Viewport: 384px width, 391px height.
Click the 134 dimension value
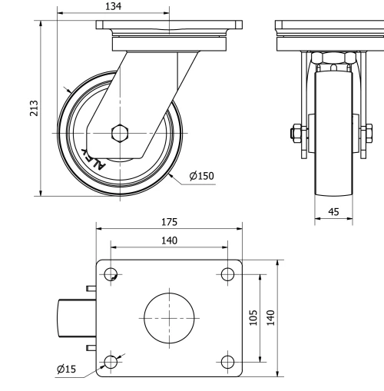[x=112, y=7]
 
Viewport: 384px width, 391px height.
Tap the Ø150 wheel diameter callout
[x=201, y=176]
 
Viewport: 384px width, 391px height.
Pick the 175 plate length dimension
[x=169, y=222]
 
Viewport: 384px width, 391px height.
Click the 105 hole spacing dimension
[x=254, y=317]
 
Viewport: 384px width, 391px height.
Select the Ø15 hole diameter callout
[x=67, y=369]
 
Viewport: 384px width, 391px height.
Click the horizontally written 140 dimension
[x=169, y=240]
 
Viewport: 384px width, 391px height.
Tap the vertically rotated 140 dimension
[x=270, y=317]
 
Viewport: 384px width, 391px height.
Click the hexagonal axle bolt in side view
[x=120, y=133]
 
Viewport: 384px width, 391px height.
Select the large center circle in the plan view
[x=169, y=317]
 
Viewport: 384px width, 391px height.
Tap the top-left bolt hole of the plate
[x=111, y=274]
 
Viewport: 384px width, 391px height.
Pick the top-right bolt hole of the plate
[x=227, y=274]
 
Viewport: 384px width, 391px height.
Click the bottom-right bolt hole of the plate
[x=227, y=360]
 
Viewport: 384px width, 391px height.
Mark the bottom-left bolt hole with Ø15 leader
[x=111, y=360]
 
